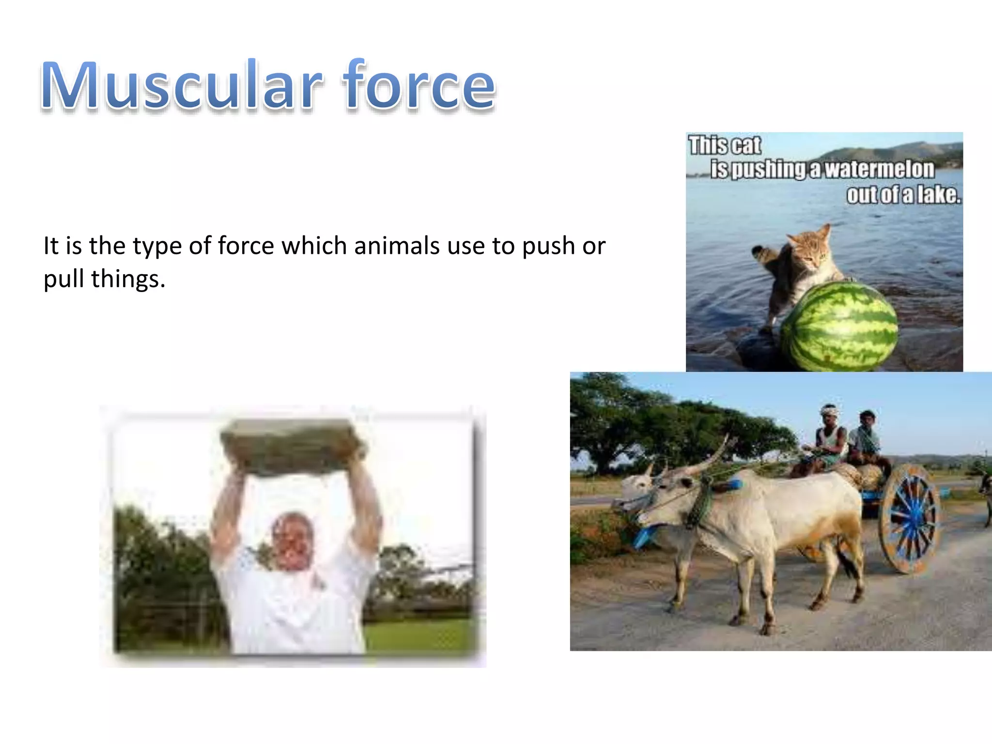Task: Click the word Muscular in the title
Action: coord(182,85)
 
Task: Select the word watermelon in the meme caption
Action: coord(879,170)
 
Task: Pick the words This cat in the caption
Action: coord(725,145)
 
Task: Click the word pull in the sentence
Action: coord(63,279)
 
